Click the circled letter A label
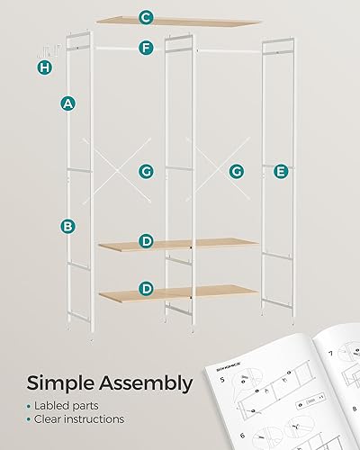[67, 103]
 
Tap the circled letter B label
[67, 226]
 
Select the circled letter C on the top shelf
[146, 17]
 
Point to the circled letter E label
[281, 170]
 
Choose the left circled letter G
[146, 170]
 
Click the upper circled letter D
[146, 240]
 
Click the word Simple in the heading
[67, 384]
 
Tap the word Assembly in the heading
[151, 384]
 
